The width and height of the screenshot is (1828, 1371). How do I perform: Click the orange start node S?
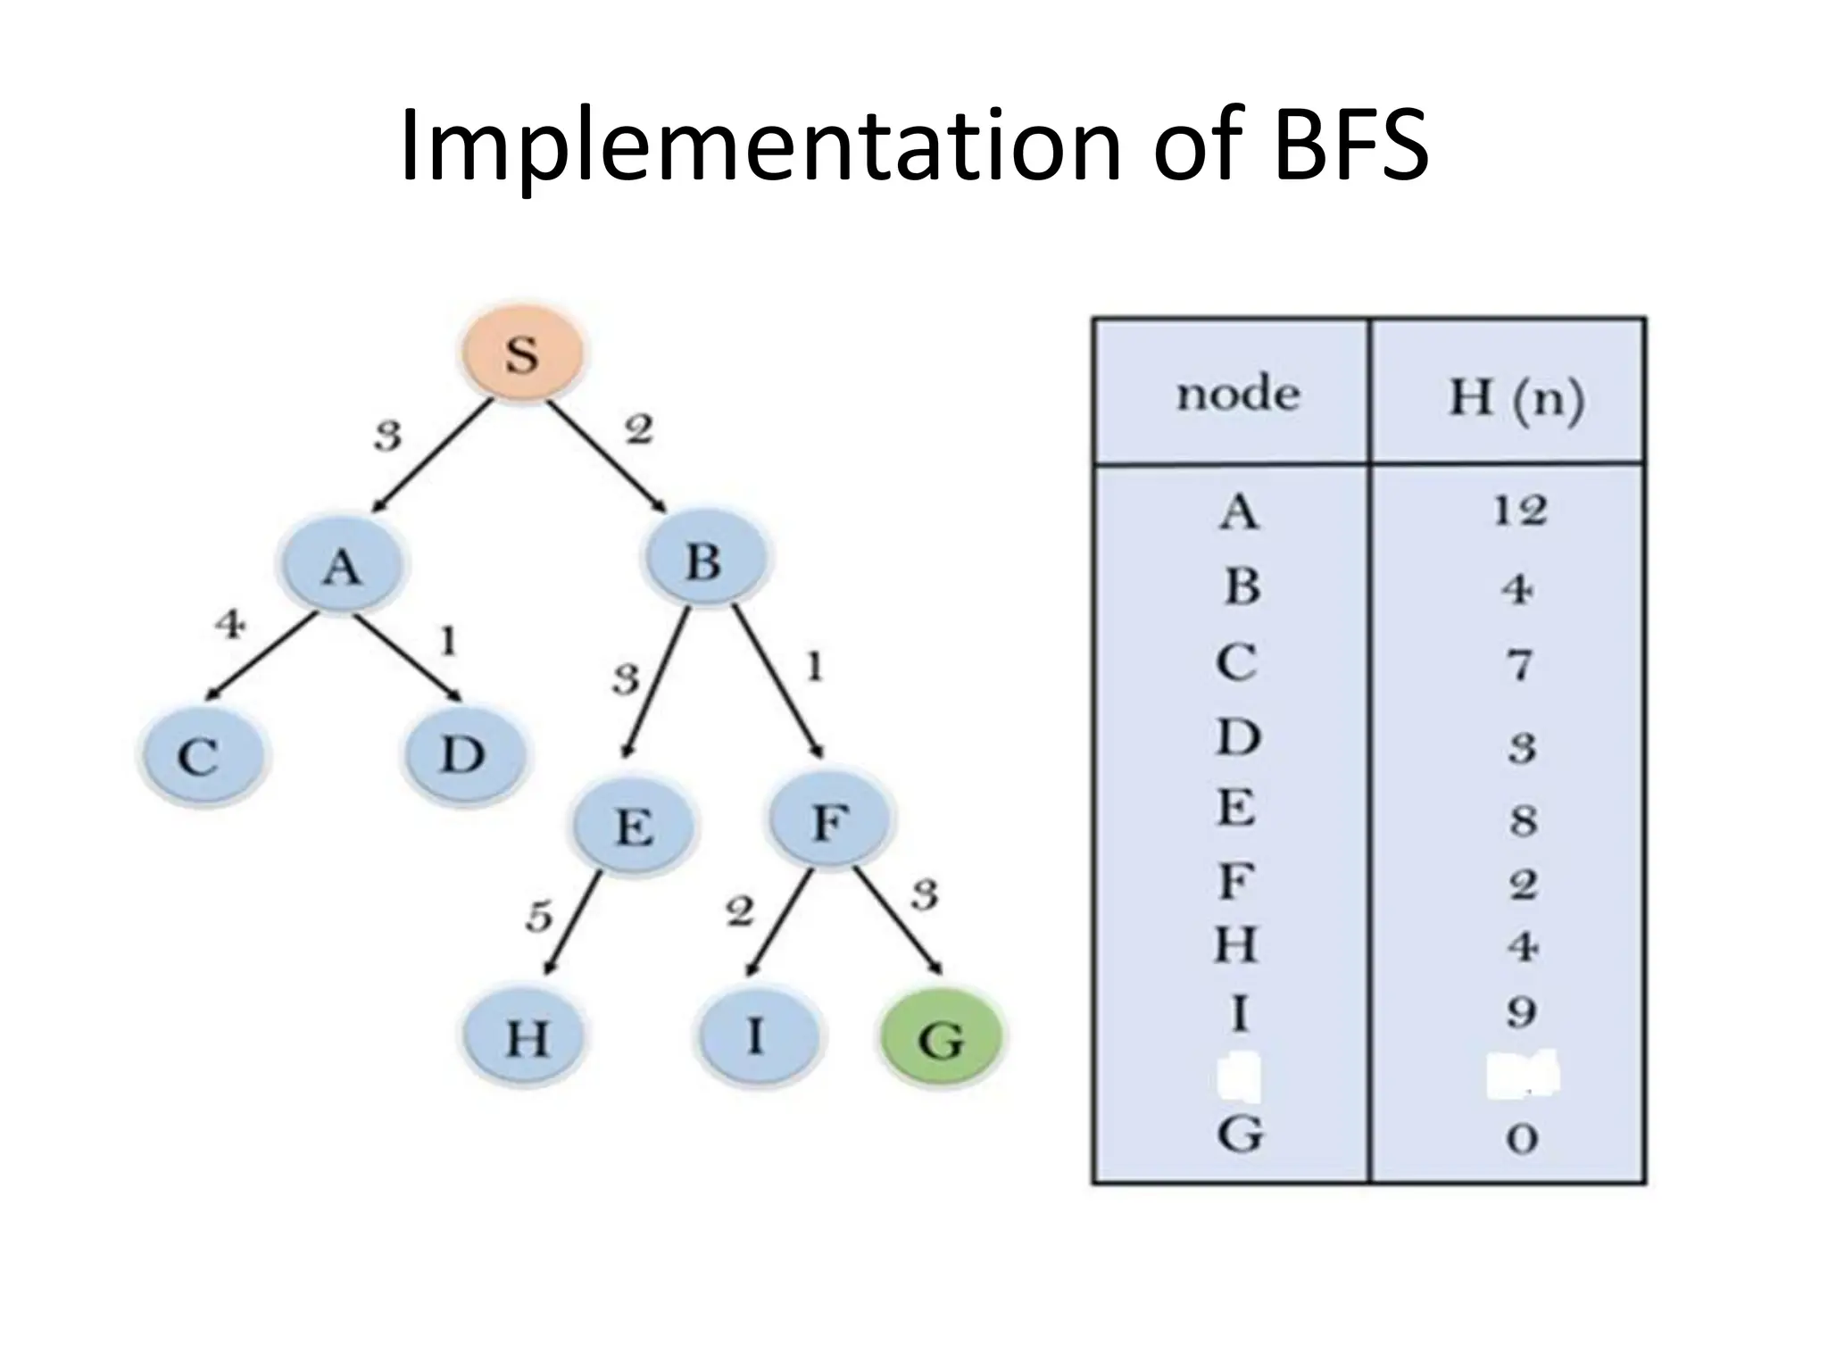pos(522,353)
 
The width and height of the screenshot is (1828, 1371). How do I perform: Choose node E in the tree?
pos(634,827)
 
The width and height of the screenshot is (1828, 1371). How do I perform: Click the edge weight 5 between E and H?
pos(538,917)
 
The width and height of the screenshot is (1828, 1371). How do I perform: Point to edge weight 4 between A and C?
pos(229,624)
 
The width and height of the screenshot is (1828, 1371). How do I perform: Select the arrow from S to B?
pos(607,457)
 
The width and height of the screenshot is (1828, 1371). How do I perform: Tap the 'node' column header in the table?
pos(1237,395)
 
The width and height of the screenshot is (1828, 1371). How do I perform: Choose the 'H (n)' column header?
pos(1516,398)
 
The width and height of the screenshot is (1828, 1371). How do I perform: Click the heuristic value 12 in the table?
pos(1519,511)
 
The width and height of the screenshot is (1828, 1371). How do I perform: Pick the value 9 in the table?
pos(1521,1012)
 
